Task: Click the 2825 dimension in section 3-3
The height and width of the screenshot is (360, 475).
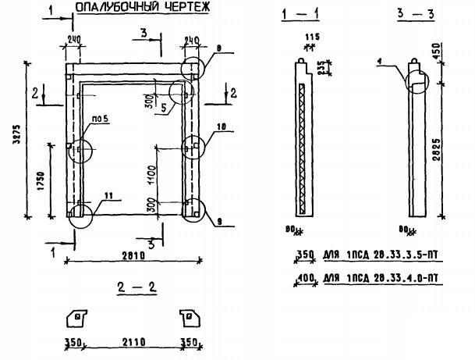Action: (x=458, y=149)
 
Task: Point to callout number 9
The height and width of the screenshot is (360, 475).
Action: (x=221, y=223)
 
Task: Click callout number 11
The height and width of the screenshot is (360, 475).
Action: (x=107, y=195)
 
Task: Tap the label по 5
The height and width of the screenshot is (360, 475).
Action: (x=99, y=120)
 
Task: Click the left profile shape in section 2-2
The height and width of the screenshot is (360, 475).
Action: (x=76, y=318)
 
